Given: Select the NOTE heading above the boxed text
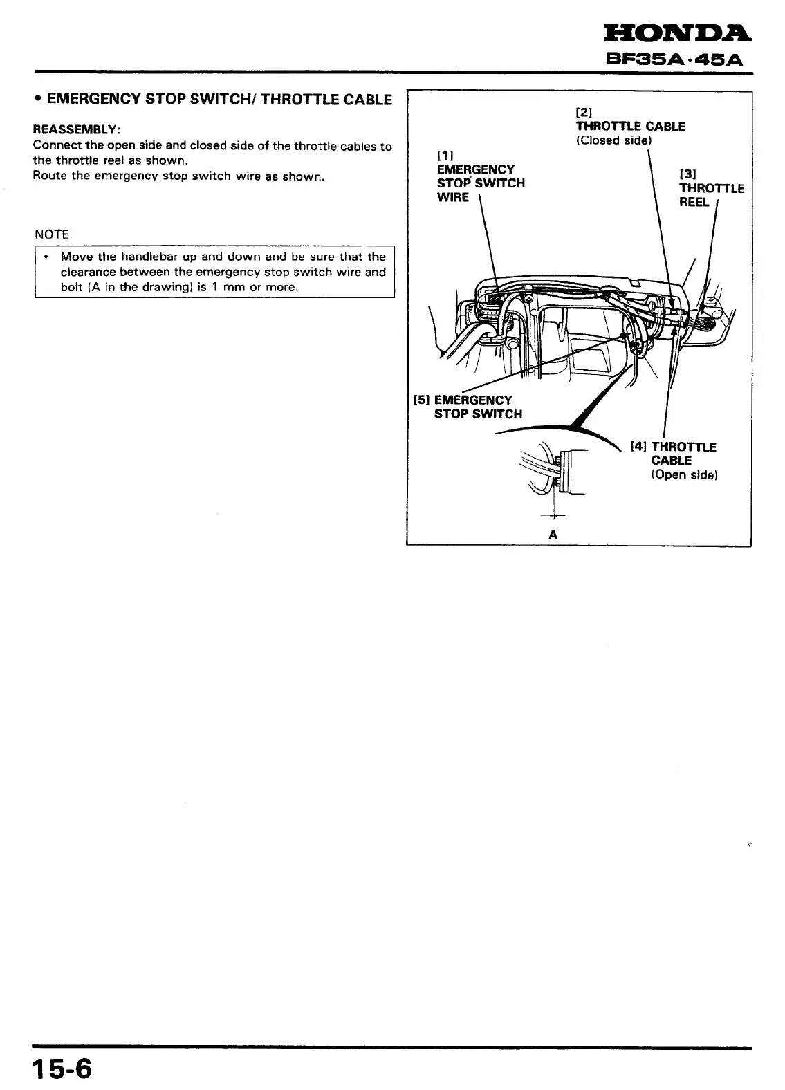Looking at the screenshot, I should coord(52,234).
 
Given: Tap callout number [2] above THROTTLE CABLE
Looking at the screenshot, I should coord(584,112).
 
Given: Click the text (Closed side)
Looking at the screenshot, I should coord(614,140).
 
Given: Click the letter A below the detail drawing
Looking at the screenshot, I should coord(553,535).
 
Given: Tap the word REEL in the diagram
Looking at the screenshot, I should coord(694,203).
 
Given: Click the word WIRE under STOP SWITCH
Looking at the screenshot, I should coord(453,198).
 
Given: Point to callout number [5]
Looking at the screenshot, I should coord(421,400).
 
